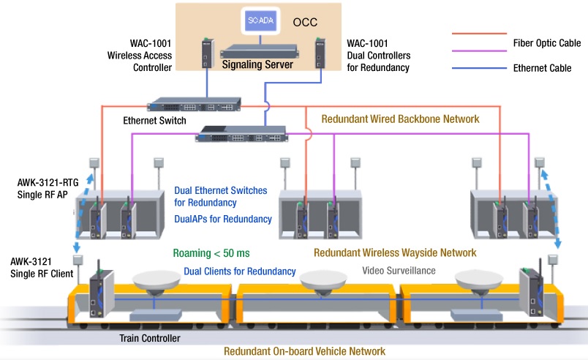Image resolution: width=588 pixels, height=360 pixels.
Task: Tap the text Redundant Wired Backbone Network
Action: (401, 119)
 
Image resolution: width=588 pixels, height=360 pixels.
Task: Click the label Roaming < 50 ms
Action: (211, 253)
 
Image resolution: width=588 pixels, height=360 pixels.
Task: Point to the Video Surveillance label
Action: (399, 271)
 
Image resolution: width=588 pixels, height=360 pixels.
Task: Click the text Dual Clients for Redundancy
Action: (239, 271)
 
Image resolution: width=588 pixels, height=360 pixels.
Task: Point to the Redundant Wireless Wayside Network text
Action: (395, 253)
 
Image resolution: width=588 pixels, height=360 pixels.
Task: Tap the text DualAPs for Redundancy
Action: (223, 219)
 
